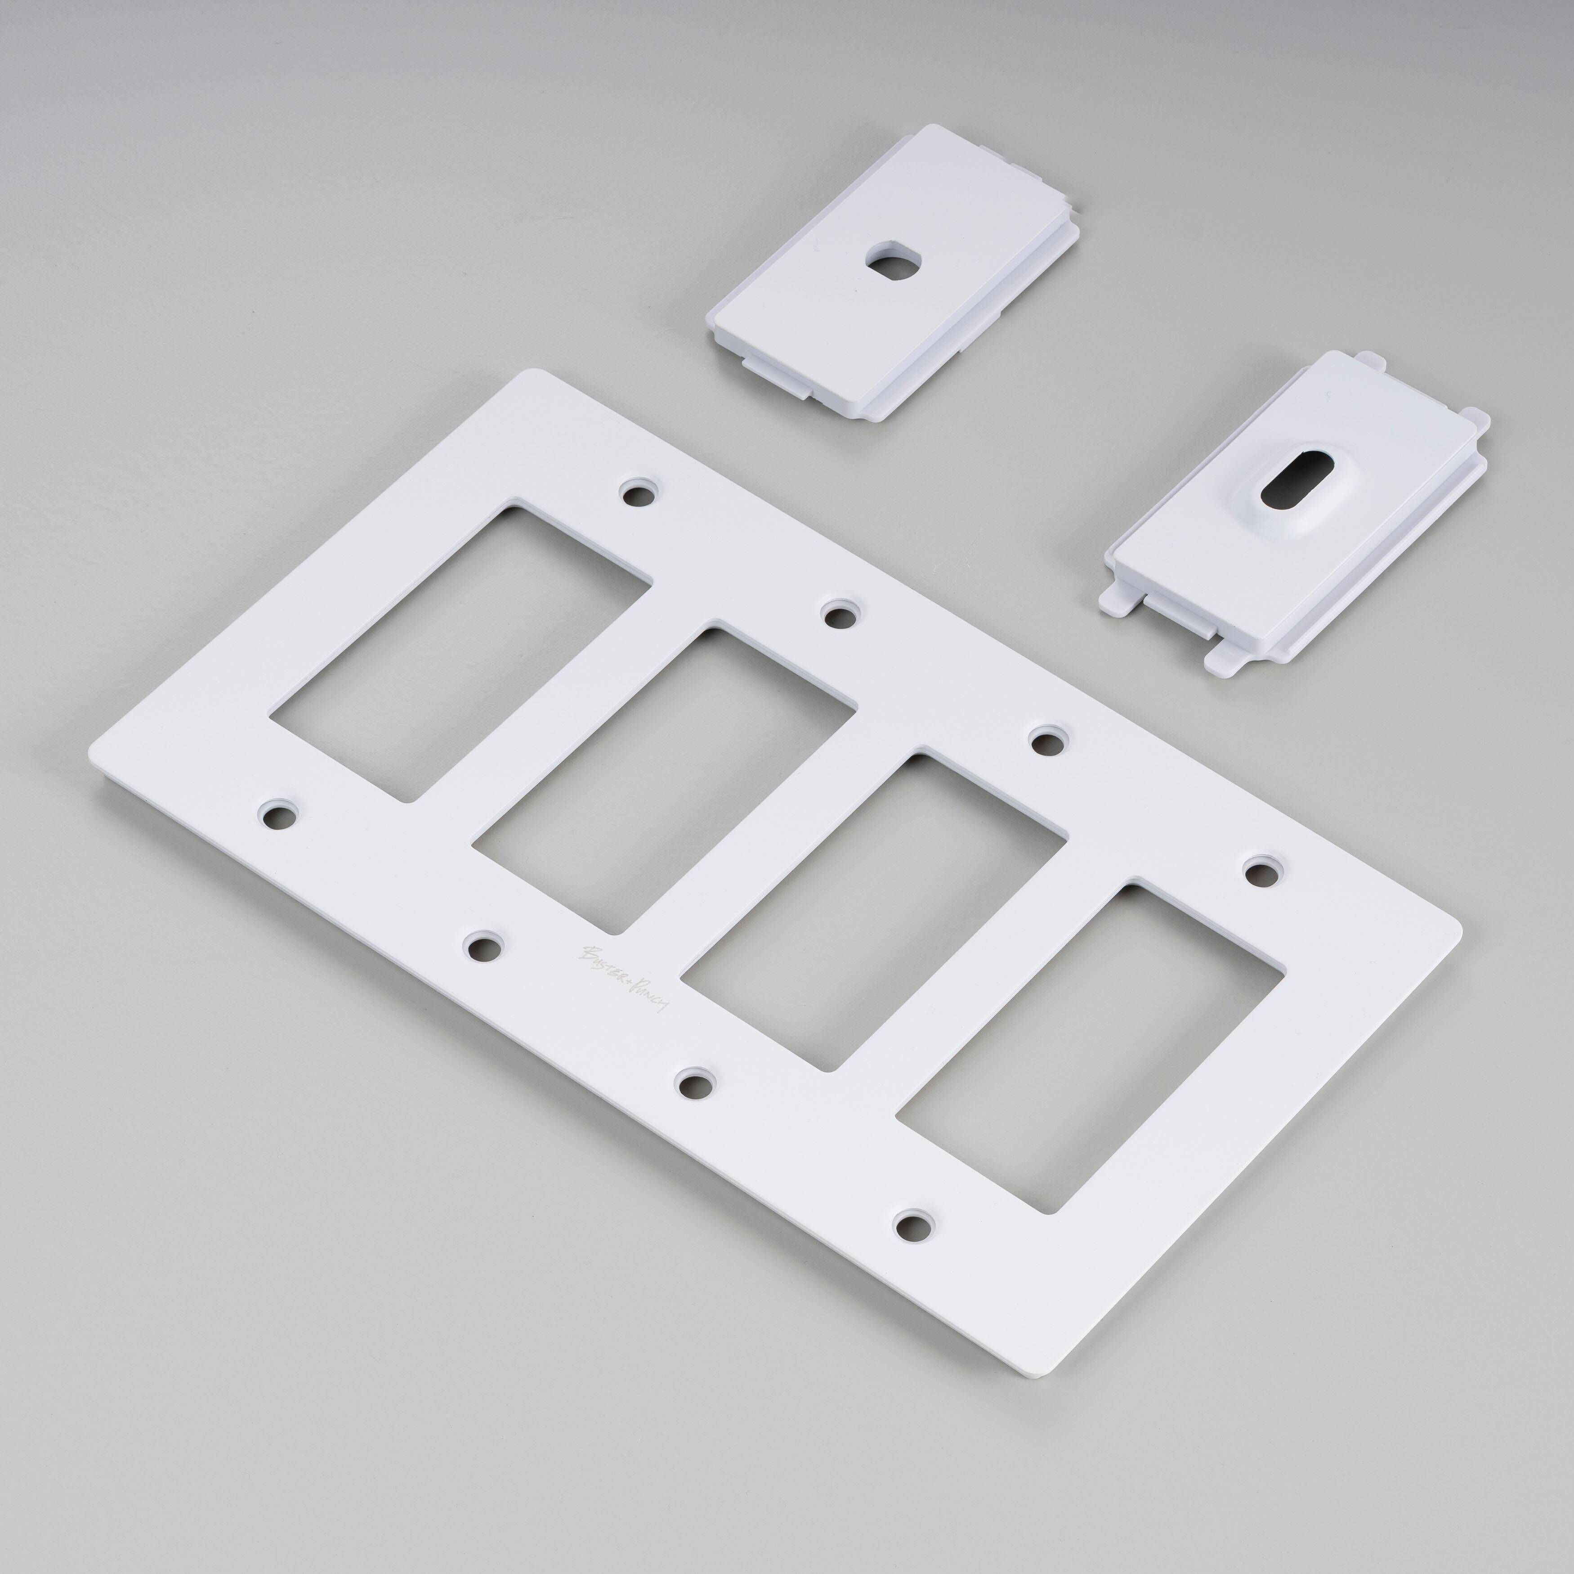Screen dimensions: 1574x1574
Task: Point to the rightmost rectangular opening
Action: coord(1092,1051)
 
